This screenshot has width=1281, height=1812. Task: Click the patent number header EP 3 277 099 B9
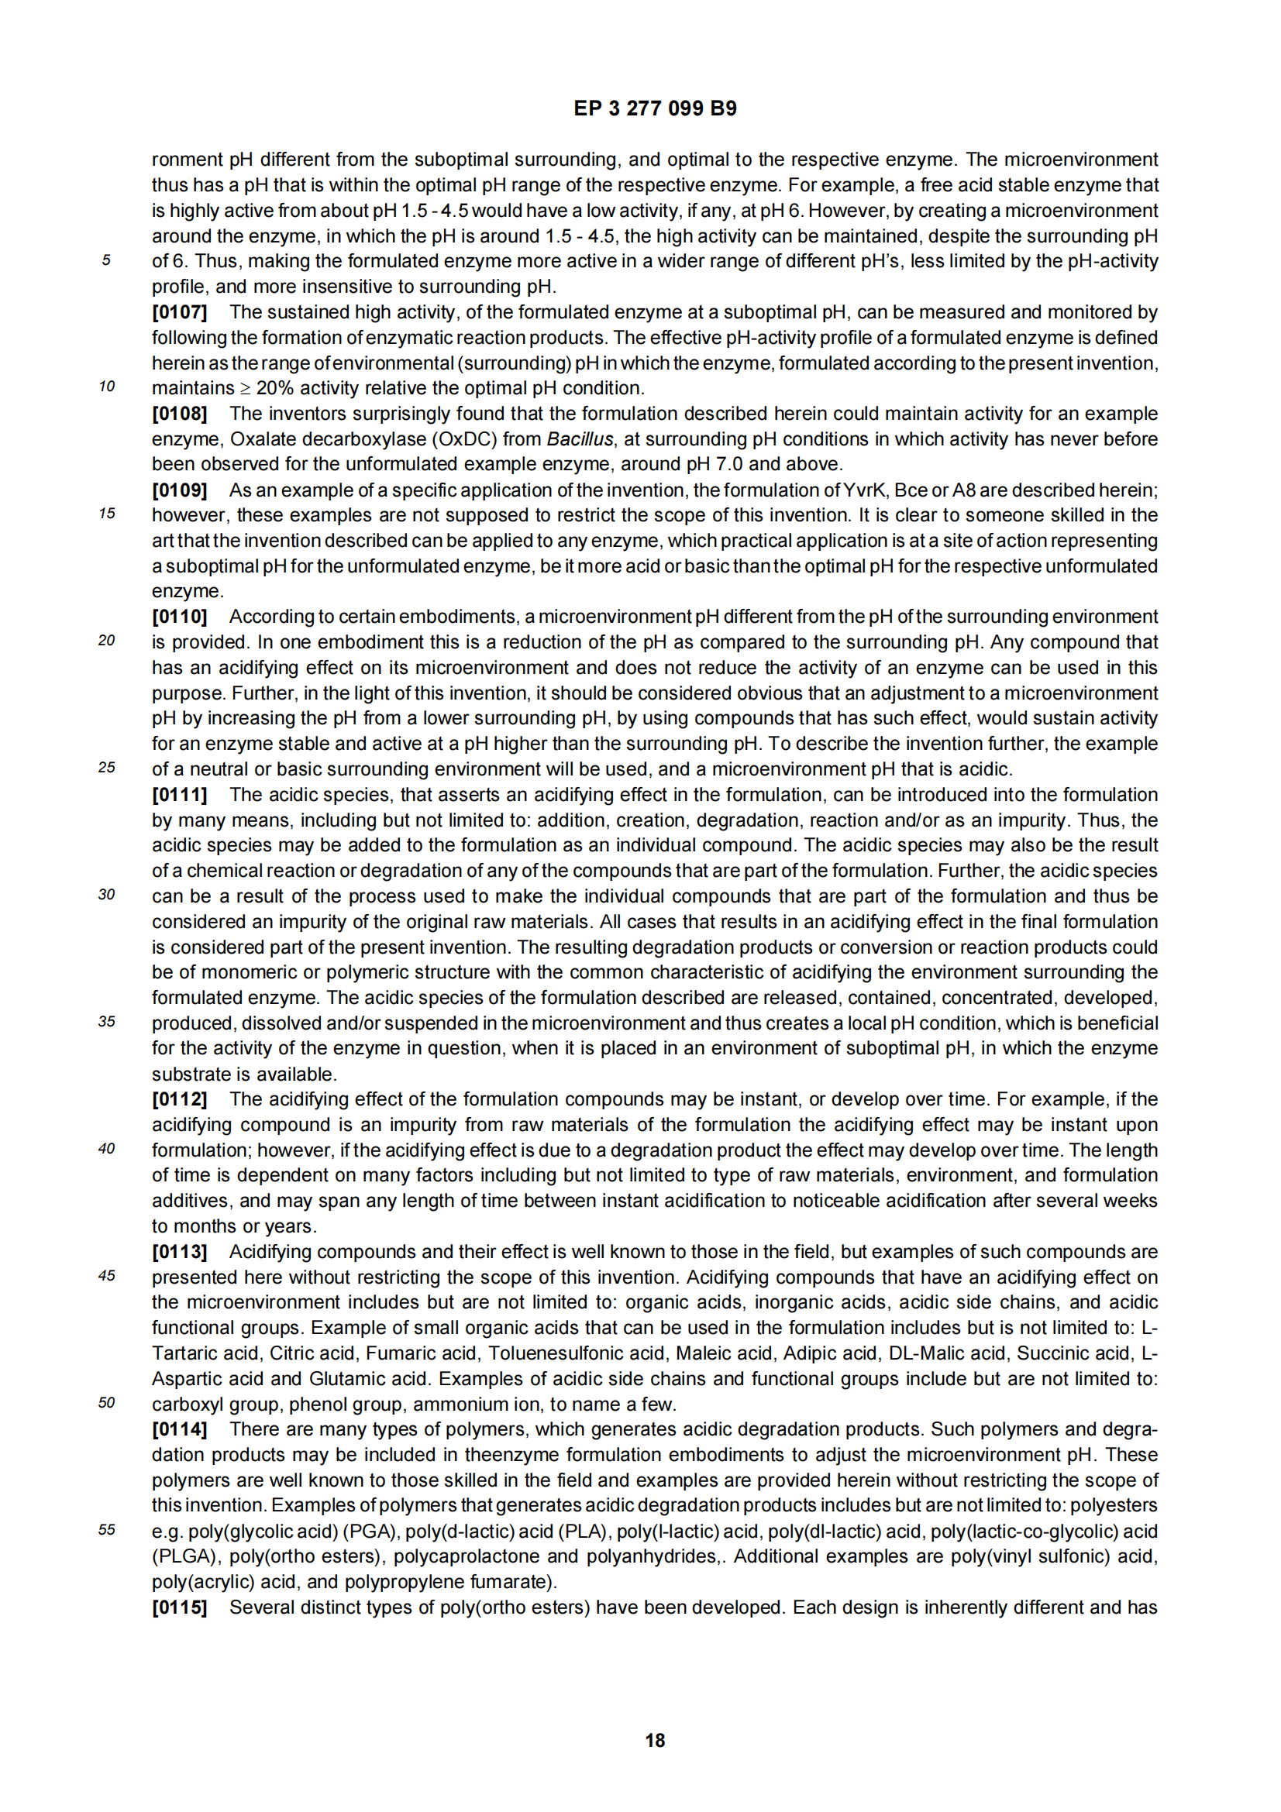pos(654,108)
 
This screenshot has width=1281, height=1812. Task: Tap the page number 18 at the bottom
pos(654,1739)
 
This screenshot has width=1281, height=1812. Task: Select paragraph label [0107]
pos(179,311)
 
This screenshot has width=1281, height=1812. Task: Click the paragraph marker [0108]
pos(179,414)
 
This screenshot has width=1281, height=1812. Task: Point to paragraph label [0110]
pos(179,617)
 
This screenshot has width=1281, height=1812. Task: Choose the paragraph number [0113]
pos(179,1252)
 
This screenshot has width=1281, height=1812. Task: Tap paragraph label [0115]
pos(179,1607)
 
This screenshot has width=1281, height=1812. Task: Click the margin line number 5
pos(105,260)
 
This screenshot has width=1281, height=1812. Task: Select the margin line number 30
pos(106,895)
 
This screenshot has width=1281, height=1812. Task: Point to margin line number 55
pos(106,1530)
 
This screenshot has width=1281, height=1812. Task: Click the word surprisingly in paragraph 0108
pos(370,414)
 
